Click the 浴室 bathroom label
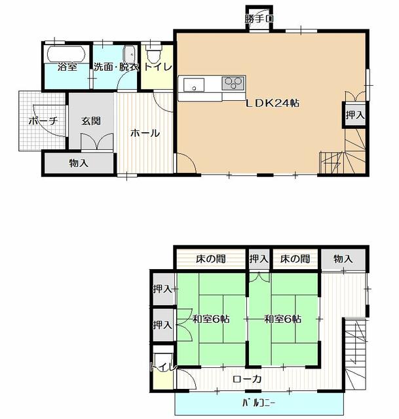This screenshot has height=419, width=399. [x=67, y=67]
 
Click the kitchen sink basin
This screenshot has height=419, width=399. [x=194, y=84]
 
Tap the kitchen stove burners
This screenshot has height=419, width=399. [x=233, y=83]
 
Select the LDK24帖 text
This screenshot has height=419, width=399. [x=273, y=103]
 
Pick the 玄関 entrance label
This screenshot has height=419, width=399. [x=91, y=121]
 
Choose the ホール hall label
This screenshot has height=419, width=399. [x=145, y=133]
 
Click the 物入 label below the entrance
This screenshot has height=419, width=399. [x=78, y=163]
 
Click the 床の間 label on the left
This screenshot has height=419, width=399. [x=210, y=259]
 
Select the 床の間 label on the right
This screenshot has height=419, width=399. [x=295, y=259]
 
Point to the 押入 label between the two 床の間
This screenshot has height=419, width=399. [x=259, y=259]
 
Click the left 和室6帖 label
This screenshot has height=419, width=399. [x=210, y=319]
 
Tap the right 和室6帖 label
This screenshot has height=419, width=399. [x=282, y=319]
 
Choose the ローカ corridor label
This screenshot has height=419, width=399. [x=247, y=378]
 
